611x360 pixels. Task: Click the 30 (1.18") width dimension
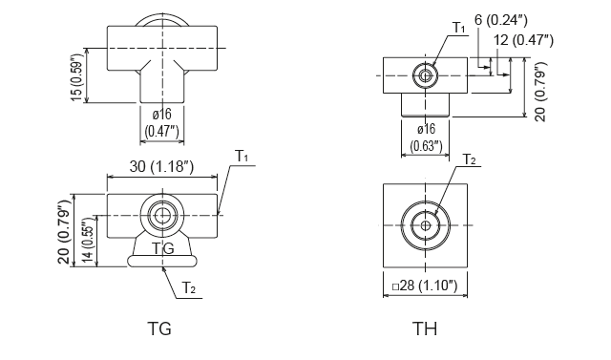(x=162, y=167)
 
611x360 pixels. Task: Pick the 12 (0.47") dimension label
(x=523, y=40)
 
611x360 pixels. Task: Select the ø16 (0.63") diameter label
(x=427, y=138)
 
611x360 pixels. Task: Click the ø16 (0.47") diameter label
(x=159, y=122)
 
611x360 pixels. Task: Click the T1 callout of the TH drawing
(x=459, y=29)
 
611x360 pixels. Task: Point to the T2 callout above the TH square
(x=470, y=159)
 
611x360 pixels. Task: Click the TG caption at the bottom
(x=159, y=329)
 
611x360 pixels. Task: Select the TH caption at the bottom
(x=425, y=329)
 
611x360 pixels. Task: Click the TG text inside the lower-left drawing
(x=163, y=247)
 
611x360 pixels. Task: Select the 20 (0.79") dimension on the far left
(x=63, y=229)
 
